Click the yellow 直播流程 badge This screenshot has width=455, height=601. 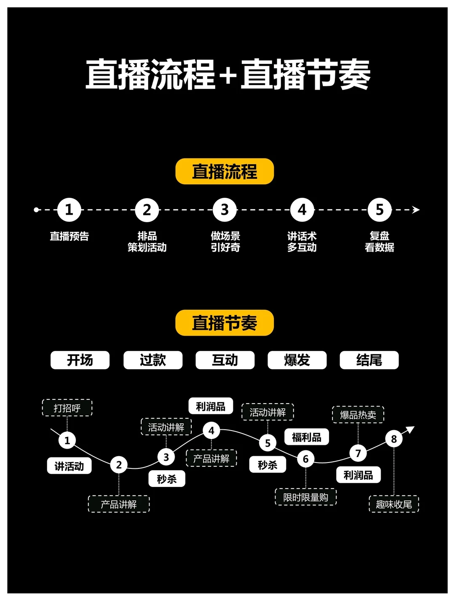(x=225, y=171)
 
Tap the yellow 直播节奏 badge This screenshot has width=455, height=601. (x=225, y=323)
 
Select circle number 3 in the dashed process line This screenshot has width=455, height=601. (x=225, y=210)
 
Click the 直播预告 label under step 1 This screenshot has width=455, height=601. (x=70, y=236)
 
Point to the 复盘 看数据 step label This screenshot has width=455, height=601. (x=380, y=242)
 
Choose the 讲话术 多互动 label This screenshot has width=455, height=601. (x=302, y=242)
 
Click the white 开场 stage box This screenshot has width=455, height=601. (x=80, y=360)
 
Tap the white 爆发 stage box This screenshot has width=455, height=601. (x=297, y=360)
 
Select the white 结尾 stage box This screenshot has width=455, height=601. (x=369, y=360)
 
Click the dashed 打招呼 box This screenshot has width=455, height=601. (x=67, y=408)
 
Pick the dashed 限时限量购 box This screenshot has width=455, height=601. (x=305, y=497)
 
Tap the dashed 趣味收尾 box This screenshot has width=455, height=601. (x=394, y=504)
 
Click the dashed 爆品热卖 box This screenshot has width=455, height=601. (x=358, y=415)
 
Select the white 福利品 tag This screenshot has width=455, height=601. (x=307, y=437)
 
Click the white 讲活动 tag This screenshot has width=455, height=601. (x=69, y=466)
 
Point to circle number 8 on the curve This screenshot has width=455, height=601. (x=394, y=439)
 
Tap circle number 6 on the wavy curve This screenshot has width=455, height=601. (x=306, y=459)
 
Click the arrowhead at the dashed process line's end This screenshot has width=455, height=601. (x=416, y=210)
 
